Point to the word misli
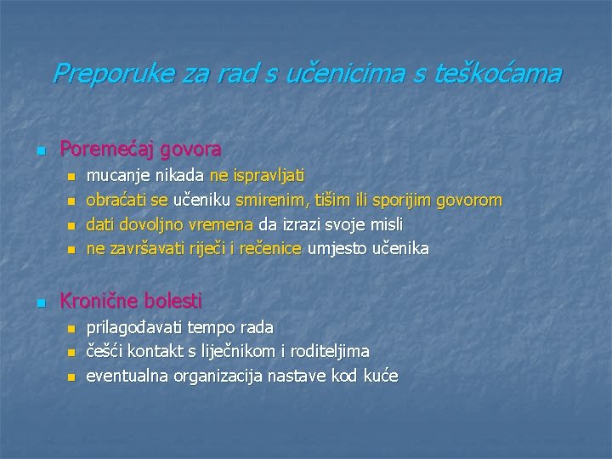pos(384,224)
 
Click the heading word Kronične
pos(99,301)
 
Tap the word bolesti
pos(173,301)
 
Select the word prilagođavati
pos(135,327)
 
